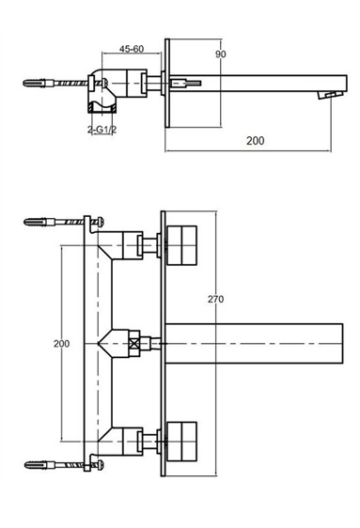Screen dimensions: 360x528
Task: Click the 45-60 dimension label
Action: coord(132,49)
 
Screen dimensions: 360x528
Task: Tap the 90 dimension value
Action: coord(221,54)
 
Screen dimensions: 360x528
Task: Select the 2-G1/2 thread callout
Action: coord(102,130)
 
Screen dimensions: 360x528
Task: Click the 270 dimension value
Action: coord(215,299)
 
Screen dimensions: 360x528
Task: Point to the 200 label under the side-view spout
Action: coord(256,141)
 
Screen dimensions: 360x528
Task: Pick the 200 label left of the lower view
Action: coord(62,344)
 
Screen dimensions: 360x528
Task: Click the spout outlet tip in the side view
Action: coord(330,95)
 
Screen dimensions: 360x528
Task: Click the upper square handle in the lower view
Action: coord(181,245)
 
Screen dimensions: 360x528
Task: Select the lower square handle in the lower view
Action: coord(181,442)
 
